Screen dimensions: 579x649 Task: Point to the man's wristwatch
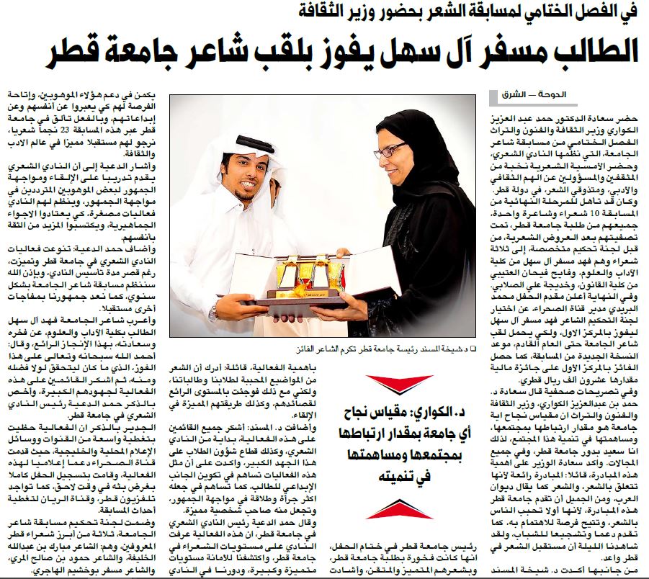[214, 311]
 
